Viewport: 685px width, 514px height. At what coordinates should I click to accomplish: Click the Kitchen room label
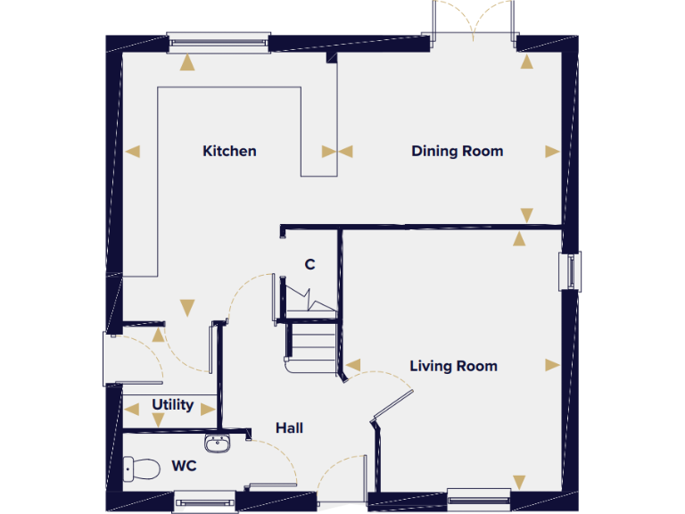pyautogui.click(x=229, y=151)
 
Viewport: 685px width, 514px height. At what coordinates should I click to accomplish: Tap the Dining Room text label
pyautogui.click(x=457, y=151)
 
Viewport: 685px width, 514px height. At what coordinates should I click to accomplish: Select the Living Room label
pyautogui.click(x=453, y=366)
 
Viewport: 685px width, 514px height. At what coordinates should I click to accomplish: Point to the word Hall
pyautogui.click(x=289, y=428)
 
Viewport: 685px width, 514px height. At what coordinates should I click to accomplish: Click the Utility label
pyautogui.click(x=172, y=405)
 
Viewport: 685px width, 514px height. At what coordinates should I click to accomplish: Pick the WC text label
pyautogui.click(x=185, y=466)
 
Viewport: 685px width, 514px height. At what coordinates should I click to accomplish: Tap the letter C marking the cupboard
pyautogui.click(x=309, y=264)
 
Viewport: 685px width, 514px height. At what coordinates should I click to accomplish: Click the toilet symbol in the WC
pyautogui.click(x=140, y=467)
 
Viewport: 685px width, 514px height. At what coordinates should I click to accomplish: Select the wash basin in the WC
pyautogui.click(x=217, y=442)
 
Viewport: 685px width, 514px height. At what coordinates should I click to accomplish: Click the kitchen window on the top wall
pyautogui.click(x=219, y=38)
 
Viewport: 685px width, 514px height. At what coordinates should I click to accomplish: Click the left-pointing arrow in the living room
pyautogui.click(x=353, y=365)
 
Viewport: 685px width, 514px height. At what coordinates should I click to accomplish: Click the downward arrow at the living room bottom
pyautogui.click(x=518, y=482)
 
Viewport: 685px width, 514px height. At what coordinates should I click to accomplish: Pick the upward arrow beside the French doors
pyautogui.click(x=527, y=62)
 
